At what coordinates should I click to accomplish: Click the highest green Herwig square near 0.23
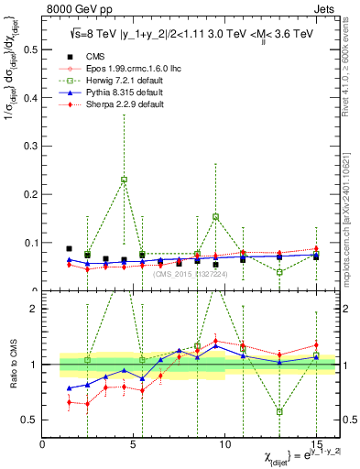click(124, 180)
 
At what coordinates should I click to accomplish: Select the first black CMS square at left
click(70, 248)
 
